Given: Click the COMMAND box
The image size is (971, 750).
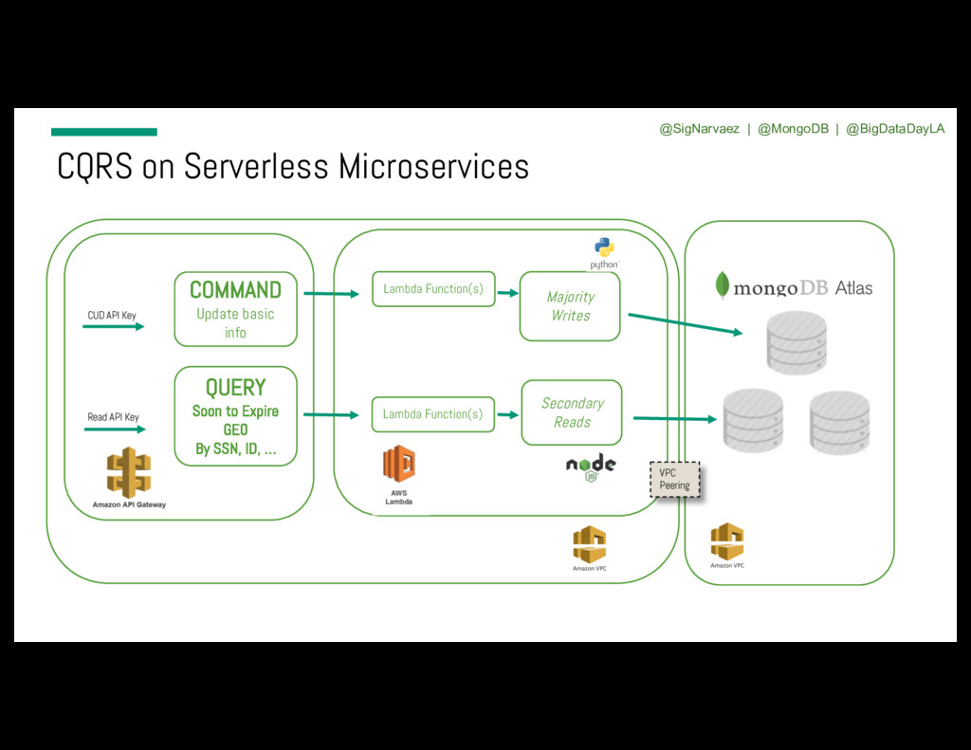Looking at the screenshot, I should pos(235,309).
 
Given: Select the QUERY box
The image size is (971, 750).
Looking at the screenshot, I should pos(235,416).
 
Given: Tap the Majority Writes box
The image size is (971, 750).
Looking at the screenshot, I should pos(570,305).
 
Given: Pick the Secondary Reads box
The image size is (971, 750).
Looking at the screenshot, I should pos(572,412).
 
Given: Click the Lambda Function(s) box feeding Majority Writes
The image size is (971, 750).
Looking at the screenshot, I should pos(433,289).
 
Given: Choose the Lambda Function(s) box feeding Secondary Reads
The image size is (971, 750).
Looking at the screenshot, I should pos(433,414).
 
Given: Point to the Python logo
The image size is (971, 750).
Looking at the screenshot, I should pos(604,251).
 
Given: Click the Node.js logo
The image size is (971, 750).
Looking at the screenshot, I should pos(591,467).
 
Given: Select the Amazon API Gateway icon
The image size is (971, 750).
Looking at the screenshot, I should pos(129,473).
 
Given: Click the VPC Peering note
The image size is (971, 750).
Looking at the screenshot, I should pos(674,479).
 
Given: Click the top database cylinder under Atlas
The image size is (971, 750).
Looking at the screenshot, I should pos(797,342).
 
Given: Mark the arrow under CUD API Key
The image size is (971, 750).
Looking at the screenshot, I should pos(114,326).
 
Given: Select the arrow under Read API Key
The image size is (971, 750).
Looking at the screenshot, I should pos(114,430).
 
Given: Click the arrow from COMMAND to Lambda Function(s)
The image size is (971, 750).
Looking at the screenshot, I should pos(331,294).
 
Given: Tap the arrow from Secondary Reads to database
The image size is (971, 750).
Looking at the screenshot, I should pos(674,418).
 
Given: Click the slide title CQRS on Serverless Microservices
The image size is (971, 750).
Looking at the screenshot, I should pos(293,167).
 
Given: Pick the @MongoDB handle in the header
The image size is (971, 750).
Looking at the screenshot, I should pos(793,129).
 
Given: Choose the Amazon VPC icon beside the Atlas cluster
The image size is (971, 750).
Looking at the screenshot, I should pos(727,541).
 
